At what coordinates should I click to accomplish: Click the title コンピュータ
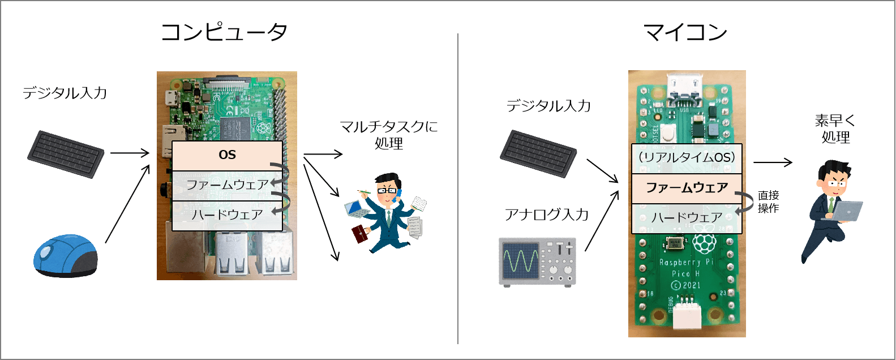click(224, 32)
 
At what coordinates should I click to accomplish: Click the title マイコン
click(685, 32)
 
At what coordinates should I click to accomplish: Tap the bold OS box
click(227, 156)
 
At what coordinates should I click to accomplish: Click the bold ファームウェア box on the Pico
click(687, 188)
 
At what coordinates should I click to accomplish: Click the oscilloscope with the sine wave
click(537, 262)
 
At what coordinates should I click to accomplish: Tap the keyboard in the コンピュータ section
click(66, 154)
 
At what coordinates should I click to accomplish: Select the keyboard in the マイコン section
click(538, 153)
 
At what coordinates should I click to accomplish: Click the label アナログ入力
click(546, 215)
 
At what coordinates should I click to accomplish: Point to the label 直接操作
click(768, 202)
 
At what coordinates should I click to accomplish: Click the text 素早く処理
click(835, 129)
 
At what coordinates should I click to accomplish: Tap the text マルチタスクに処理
click(389, 135)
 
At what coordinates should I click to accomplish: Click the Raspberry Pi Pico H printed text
click(685, 274)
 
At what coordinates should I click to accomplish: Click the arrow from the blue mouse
click(127, 204)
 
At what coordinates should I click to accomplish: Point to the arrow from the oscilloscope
click(602, 221)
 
